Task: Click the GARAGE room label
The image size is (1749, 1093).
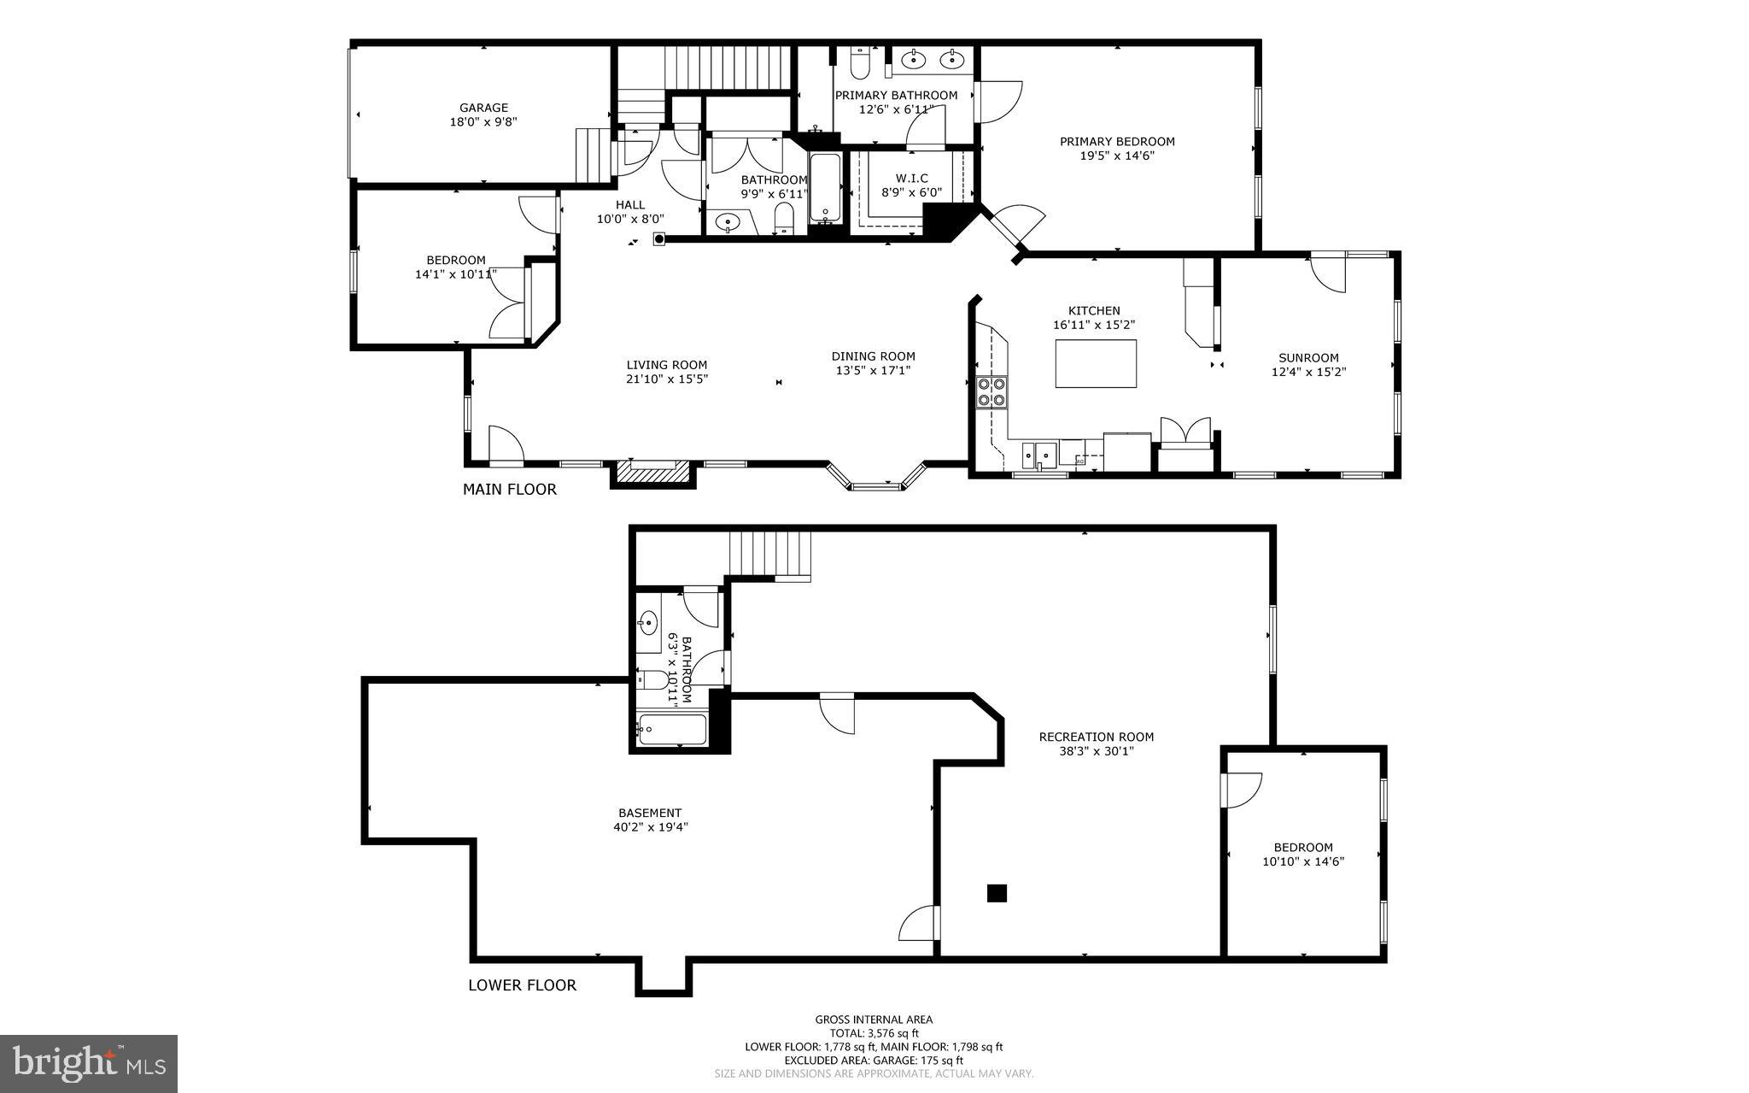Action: (483, 108)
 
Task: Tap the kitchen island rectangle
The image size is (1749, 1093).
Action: (1096, 363)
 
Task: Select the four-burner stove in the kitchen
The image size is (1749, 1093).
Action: (991, 391)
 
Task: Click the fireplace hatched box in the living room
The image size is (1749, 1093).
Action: (652, 473)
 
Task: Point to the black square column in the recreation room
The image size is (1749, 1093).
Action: (997, 893)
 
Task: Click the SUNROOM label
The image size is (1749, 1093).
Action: (1307, 358)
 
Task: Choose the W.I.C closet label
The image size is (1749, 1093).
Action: (911, 178)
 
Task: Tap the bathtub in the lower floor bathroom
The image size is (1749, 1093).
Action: (672, 729)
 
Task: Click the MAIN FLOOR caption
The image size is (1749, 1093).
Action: (509, 490)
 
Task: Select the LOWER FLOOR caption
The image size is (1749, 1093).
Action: (522, 985)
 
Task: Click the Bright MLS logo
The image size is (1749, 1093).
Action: (89, 1063)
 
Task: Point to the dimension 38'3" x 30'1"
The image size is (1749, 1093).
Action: (1096, 751)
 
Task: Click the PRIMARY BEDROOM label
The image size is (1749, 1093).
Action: (1117, 142)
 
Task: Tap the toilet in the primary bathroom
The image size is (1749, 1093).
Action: (859, 63)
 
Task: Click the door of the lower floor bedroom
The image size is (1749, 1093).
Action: (1240, 789)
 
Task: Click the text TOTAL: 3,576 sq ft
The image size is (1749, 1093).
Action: (873, 1032)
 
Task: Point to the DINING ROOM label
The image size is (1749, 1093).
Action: (873, 356)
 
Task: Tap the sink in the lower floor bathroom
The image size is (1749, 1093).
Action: (647, 621)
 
